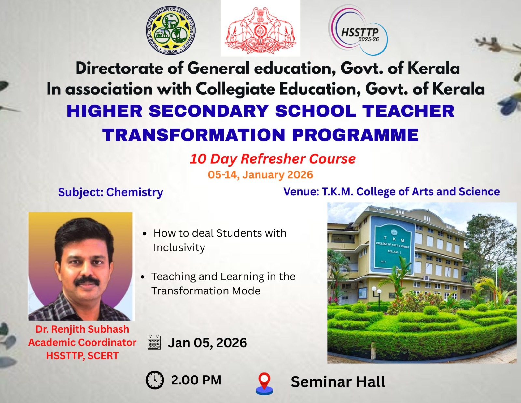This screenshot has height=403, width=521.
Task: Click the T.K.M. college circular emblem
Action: point(171,30)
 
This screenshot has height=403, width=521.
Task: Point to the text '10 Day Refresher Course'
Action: point(273,159)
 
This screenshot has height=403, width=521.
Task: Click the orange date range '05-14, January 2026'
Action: point(260,175)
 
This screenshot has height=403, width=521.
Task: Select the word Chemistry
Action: point(134,192)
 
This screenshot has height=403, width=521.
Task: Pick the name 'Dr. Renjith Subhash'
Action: point(82,329)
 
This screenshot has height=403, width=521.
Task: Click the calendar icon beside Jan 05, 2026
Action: point(154,342)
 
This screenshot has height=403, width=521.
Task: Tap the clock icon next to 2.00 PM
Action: point(155,380)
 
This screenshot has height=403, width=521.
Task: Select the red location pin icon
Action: point(264,383)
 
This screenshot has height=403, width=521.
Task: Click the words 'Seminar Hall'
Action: point(338,382)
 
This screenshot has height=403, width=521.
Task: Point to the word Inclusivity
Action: point(179,247)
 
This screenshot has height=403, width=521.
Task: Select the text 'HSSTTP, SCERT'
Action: point(82,356)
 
